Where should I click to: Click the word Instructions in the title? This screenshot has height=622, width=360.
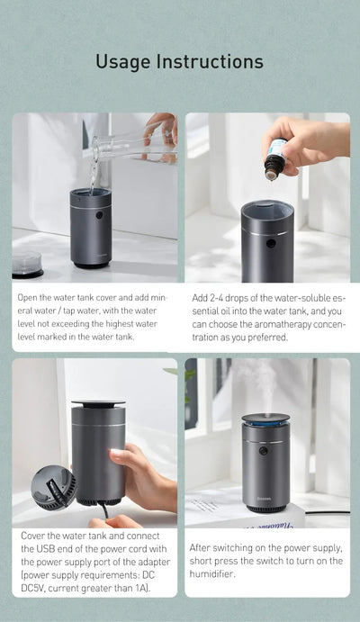click(x=210, y=61)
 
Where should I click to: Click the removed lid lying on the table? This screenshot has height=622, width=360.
click(x=27, y=264)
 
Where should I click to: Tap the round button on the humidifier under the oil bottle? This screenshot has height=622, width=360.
click(x=271, y=244)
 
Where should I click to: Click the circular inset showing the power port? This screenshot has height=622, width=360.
click(x=53, y=488)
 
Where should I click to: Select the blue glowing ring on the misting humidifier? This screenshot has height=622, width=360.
click(x=265, y=421)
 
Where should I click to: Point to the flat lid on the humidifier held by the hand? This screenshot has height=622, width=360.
click(x=98, y=403)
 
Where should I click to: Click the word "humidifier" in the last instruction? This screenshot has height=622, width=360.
click(x=216, y=573)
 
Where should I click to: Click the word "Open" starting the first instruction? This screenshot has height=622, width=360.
click(x=29, y=297)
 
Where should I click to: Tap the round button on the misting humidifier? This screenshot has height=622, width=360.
click(x=263, y=450)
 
